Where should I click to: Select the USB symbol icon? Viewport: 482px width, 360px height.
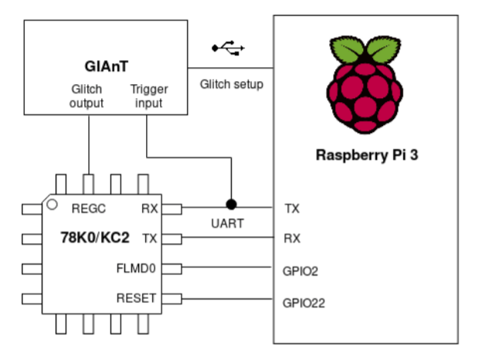(x=229, y=49)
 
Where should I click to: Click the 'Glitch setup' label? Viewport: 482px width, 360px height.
(x=231, y=83)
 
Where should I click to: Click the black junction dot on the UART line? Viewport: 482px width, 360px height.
(x=230, y=205)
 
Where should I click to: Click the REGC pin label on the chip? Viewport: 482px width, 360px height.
(x=88, y=208)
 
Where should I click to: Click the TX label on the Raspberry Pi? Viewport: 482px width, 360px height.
(x=293, y=209)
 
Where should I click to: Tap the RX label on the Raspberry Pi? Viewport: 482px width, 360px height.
(x=293, y=239)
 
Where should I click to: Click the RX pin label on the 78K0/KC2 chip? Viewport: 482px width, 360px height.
(x=150, y=208)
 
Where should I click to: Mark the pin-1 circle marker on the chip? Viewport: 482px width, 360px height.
(x=52, y=205)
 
